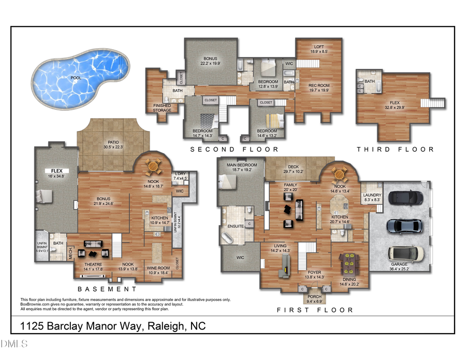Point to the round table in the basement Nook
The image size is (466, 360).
[x=153, y=166]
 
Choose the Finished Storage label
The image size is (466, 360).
[x=162, y=108]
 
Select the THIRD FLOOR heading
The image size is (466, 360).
[x=395, y=149]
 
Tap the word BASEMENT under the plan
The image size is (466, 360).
[x=107, y=289]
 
